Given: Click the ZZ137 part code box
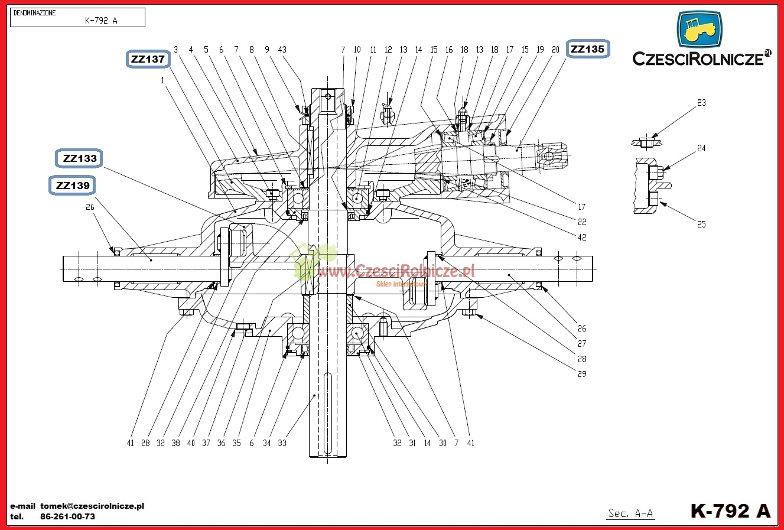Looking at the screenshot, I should point(148,59).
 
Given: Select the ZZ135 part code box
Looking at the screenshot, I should point(588,49).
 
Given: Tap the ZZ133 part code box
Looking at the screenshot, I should point(79,158).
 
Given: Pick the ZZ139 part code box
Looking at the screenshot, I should point(73,186).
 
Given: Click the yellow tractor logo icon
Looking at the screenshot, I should point(700,30).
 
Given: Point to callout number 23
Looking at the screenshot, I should point(701,103).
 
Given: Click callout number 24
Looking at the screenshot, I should point(701,148).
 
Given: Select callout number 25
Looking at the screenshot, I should point(701,225).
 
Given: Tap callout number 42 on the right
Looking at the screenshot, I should point(582,238).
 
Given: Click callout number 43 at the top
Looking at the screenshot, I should point(282,50).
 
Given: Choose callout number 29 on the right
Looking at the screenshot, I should point(582,374).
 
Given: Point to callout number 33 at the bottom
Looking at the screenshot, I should point(282,443).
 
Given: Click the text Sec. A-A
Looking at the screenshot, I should point(630,513).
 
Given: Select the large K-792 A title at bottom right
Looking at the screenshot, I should point(730,511).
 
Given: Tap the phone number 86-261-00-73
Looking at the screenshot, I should point(67,516).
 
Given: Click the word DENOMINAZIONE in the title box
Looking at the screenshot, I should point(34,12).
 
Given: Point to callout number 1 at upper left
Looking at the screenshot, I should point(162,81).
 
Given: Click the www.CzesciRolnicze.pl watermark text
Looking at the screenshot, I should point(396,271).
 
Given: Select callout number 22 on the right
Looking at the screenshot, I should point(582,222).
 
